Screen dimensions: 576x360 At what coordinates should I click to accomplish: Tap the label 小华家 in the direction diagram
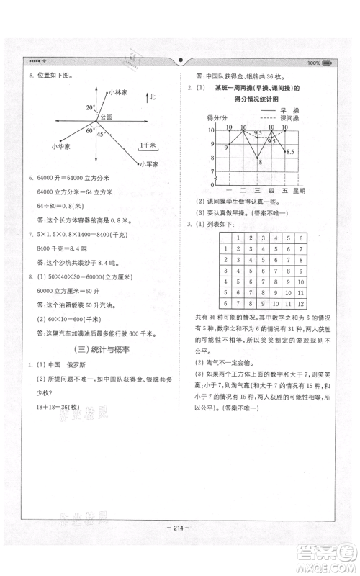pyautogui.click(x=61, y=146)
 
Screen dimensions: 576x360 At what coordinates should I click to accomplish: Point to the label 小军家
pyautogui.click(x=150, y=164)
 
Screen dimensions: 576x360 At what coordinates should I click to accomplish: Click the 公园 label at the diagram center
pyautogui.click(x=107, y=116)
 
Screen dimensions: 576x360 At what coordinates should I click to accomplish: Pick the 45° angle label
pyautogui.click(x=101, y=135)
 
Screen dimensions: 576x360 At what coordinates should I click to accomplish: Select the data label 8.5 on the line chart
pyautogui.click(x=289, y=151)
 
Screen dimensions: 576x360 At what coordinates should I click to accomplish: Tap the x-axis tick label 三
pyautogui.click(x=257, y=190)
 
